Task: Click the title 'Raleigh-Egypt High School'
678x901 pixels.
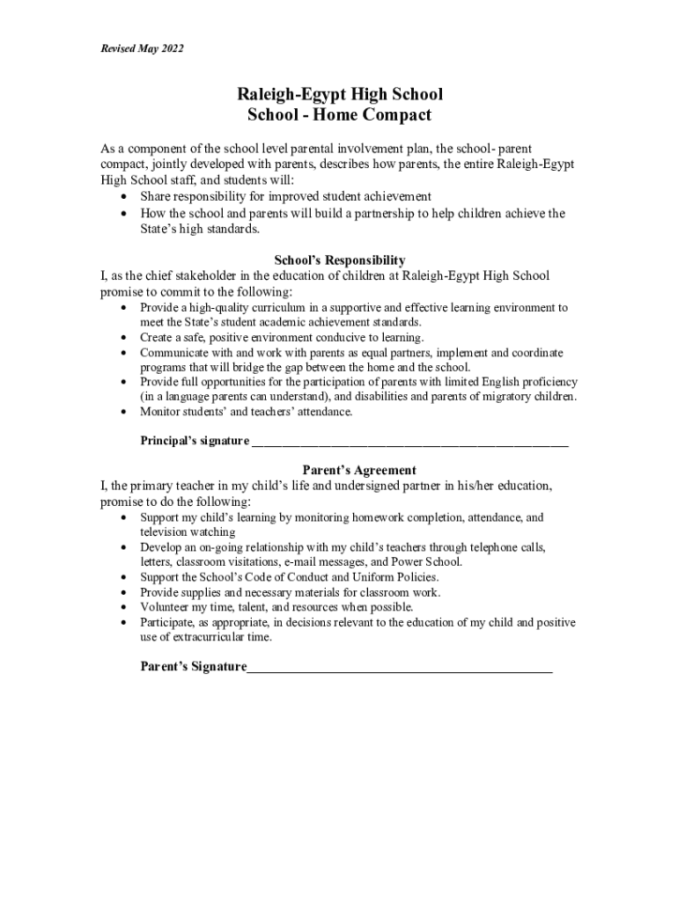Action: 339,94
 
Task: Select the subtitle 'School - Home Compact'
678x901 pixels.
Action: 339,115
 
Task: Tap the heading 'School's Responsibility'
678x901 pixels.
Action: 340,260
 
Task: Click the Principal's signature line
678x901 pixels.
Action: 409,443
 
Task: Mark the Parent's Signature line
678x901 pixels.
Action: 400,669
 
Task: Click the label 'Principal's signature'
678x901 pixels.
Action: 195,442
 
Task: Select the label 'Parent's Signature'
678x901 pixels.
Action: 194,667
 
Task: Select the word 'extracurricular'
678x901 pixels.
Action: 211,637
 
